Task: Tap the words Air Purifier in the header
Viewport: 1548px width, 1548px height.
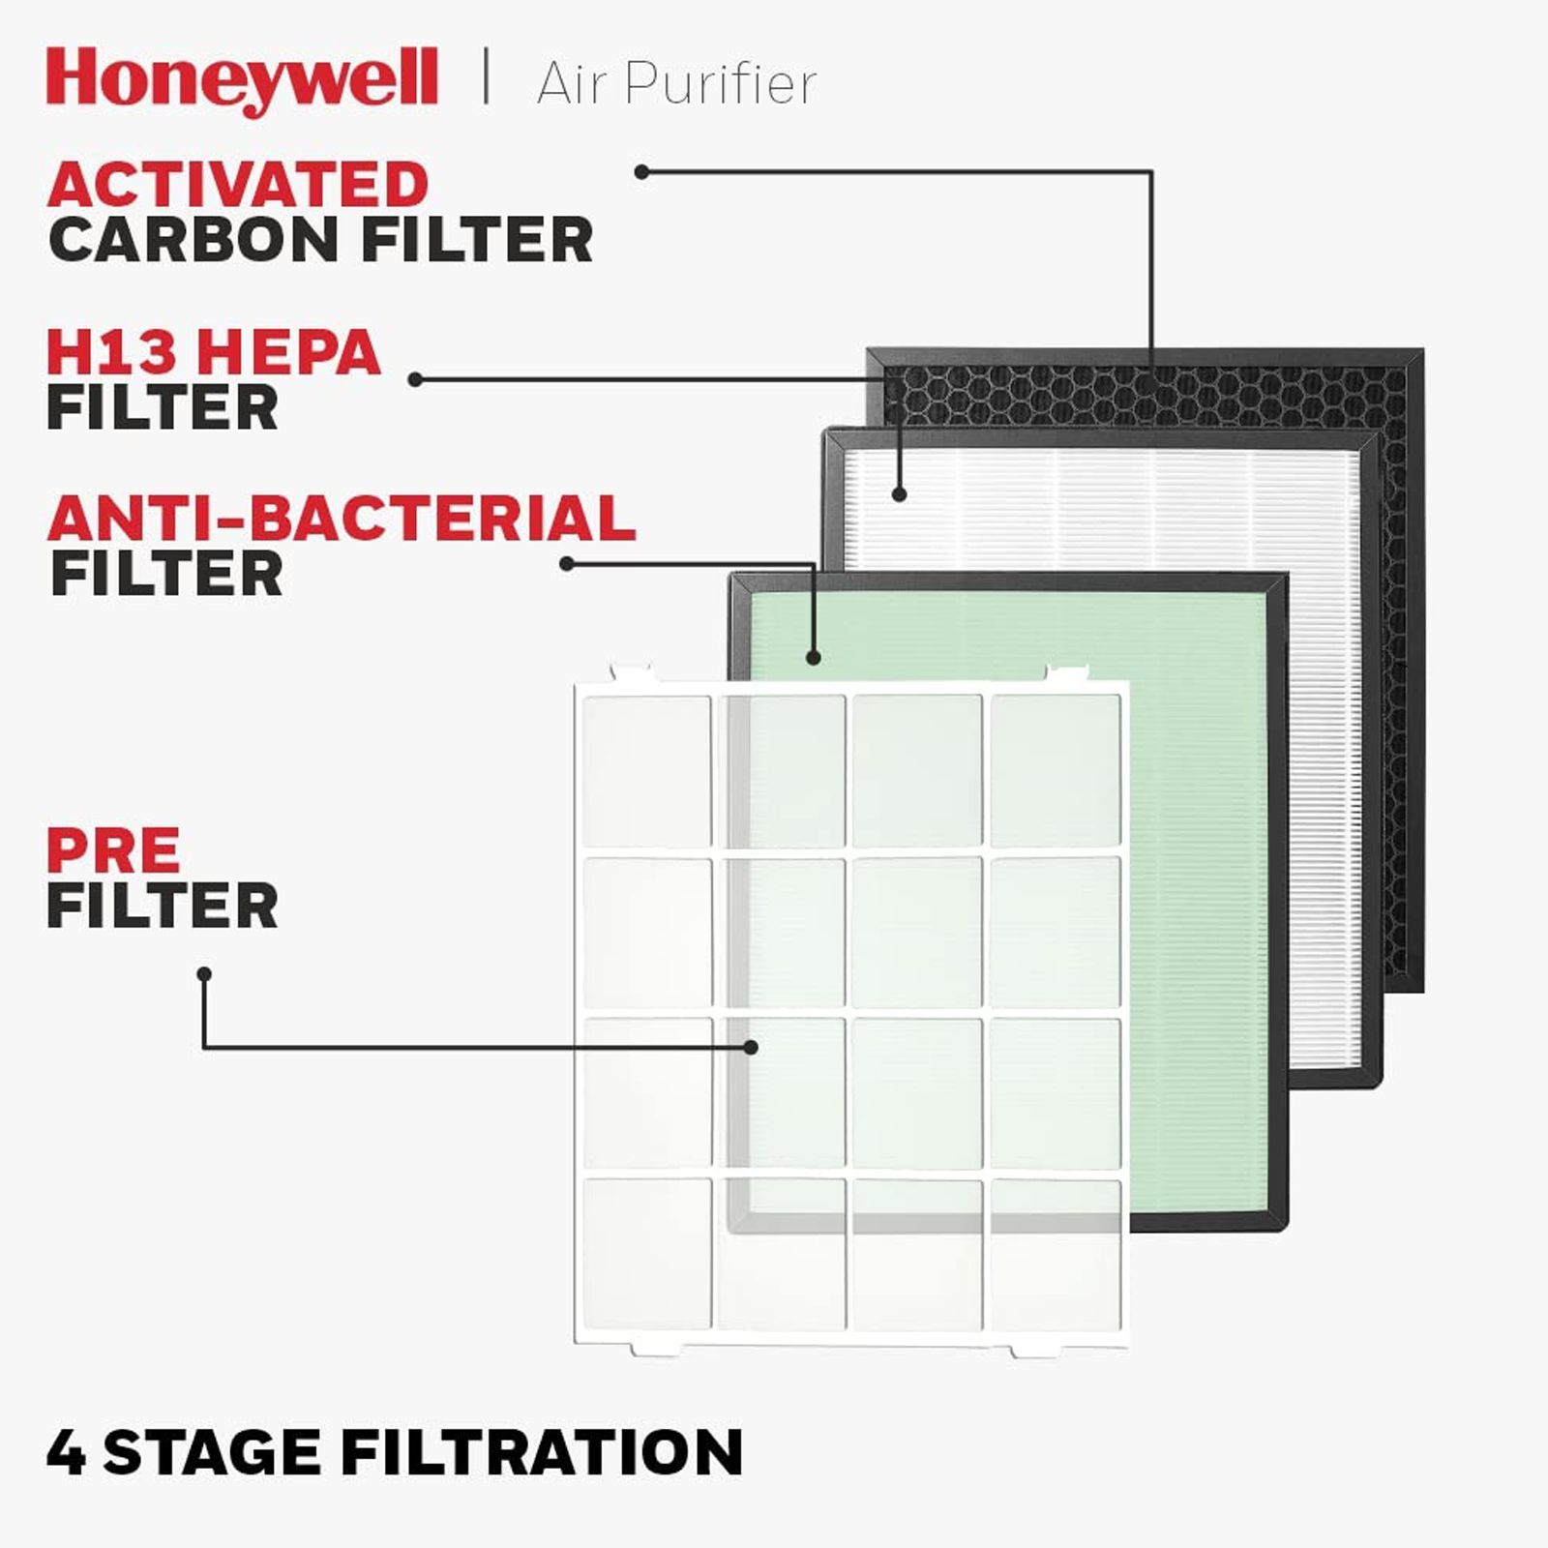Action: [676, 83]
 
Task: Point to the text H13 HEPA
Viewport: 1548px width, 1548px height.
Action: [214, 352]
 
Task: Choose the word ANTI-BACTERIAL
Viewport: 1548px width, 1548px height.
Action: [342, 519]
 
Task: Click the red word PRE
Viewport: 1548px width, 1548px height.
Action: [113, 850]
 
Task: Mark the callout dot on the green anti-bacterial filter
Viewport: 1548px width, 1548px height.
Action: [814, 658]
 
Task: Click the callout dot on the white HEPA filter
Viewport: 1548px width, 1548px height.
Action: [900, 494]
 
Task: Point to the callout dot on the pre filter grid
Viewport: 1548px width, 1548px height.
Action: [751, 1047]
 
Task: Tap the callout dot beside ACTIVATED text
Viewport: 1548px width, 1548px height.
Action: [641, 172]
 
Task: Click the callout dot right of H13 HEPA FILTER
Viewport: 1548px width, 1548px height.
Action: [415, 380]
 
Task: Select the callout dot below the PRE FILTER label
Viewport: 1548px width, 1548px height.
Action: [204, 974]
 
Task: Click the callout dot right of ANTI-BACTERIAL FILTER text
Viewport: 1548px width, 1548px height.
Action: [567, 564]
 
